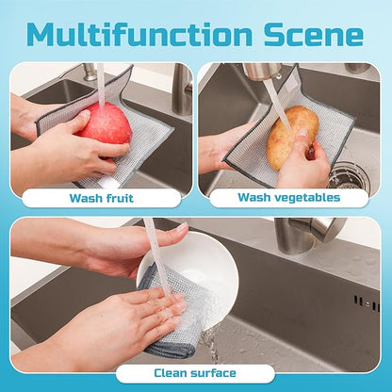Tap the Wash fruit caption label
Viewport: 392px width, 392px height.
(101, 198)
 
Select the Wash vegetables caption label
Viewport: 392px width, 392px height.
(288, 198)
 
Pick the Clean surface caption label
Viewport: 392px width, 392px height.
(195, 373)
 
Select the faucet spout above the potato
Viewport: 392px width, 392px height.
(262, 71)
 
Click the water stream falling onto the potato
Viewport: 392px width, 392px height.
(276, 99)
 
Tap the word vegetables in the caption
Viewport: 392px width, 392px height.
(306, 198)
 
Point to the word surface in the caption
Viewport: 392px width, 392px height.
(216, 373)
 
